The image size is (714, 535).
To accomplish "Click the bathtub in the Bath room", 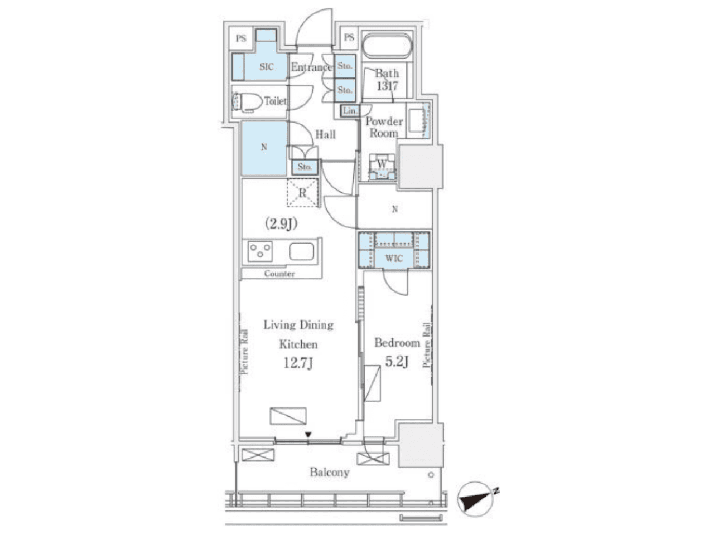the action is pyautogui.click(x=387, y=46).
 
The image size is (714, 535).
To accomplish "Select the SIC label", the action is pyautogui.click(x=267, y=66).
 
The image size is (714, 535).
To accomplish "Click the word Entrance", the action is pyautogui.click(x=311, y=67).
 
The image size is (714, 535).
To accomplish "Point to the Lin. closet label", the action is pyautogui.click(x=350, y=111).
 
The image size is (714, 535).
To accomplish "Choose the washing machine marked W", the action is pyautogui.click(x=382, y=167).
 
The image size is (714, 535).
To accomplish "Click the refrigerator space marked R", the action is pyautogui.click(x=302, y=193).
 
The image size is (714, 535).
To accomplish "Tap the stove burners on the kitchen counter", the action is pyautogui.click(x=260, y=251).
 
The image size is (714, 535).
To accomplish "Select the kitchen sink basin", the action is pyautogui.click(x=302, y=251).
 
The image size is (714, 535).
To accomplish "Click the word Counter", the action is pyautogui.click(x=279, y=274).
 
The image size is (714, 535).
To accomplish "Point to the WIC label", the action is pyautogui.click(x=394, y=259).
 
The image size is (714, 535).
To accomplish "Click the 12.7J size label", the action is pyautogui.click(x=298, y=363).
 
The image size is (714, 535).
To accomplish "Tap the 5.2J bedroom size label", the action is pyautogui.click(x=397, y=361).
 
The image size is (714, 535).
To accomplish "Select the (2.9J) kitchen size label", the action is pyautogui.click(x=281, y=223).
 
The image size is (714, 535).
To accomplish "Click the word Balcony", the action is pyautogui.click(x=330, y=473).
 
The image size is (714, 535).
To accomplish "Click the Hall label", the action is pyautogui.click(x=325, y=134).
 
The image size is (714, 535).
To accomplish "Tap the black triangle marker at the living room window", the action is pyautogui.click(x=308, y=435).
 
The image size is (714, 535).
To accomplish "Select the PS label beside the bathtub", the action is pyautogui.click(x=349, y=37).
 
